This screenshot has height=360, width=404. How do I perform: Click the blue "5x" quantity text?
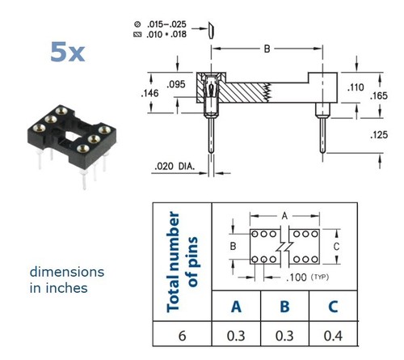68,52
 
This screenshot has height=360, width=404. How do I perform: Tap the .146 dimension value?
149,93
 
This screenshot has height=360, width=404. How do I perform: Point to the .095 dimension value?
176,84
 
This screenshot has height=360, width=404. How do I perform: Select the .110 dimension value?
356,87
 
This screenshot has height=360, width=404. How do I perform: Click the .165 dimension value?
379,95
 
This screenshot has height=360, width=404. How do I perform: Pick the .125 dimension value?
379,134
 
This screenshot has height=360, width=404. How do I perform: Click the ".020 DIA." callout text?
175,166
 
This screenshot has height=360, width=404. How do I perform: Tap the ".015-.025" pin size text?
166,24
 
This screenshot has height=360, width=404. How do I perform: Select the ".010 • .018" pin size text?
166,34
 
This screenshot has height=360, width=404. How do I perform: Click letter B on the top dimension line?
267,49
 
